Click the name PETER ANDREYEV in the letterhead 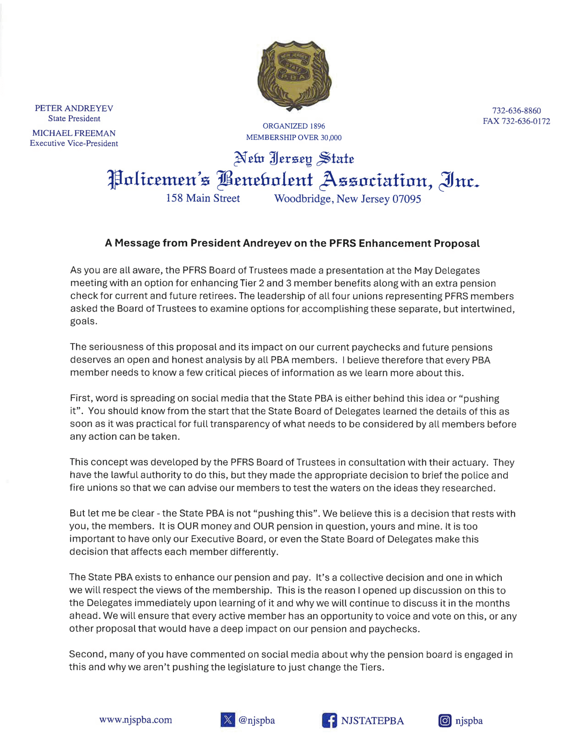point(74,108)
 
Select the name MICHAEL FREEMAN point(74,133)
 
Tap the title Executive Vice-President point(74,144)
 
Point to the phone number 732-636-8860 point(516,111)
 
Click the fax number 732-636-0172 point(526,121)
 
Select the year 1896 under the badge point(317,126)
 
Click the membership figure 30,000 point(331,138)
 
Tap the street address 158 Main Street point(203,198)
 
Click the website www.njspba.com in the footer point(136,720)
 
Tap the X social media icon point(227,720)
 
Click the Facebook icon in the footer point(329,720)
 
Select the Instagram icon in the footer point(445,720)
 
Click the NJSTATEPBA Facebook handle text point(372,721)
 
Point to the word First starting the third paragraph point(81,398)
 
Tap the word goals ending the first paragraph point(83,321)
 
